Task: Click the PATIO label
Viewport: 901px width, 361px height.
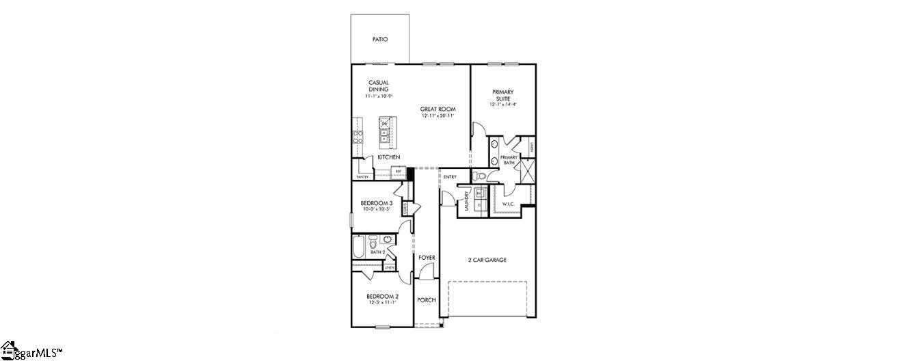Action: coord(380,40)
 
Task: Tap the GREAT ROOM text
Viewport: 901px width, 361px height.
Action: coord(438,109)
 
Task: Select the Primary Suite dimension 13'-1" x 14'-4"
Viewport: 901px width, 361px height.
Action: coord(503,105)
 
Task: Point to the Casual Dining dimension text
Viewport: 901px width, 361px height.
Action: coord(379,96)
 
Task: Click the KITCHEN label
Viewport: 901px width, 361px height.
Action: coord(389,157)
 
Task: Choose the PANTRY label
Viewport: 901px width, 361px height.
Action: coord(362,177)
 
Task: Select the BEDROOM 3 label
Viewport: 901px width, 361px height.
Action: coord(376,203)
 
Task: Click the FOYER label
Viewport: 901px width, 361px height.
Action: coord(427,258)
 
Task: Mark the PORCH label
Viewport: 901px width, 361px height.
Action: coord(427,300)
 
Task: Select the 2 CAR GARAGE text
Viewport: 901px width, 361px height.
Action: coord(487,260)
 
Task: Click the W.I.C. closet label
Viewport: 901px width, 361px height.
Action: coord(508,204)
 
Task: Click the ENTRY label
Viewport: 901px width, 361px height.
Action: coord(450,177)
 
